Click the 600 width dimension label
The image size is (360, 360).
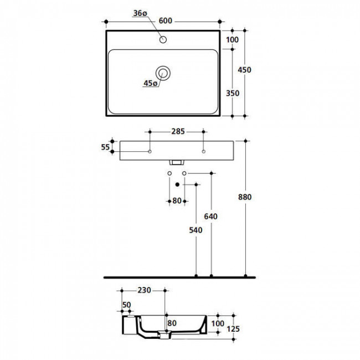point(165,20)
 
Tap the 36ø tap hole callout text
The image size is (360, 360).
point(140,13)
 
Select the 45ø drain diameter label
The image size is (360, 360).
point(151,83)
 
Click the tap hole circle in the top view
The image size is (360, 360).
point(163,39)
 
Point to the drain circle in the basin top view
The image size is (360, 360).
point(163,73)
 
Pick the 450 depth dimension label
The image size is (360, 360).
point(244,70)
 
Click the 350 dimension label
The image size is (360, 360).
point(233,93)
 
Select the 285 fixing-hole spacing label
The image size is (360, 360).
point(178,131)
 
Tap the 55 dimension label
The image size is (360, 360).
point(105,147)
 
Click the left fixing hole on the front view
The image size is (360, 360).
point(150,152)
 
